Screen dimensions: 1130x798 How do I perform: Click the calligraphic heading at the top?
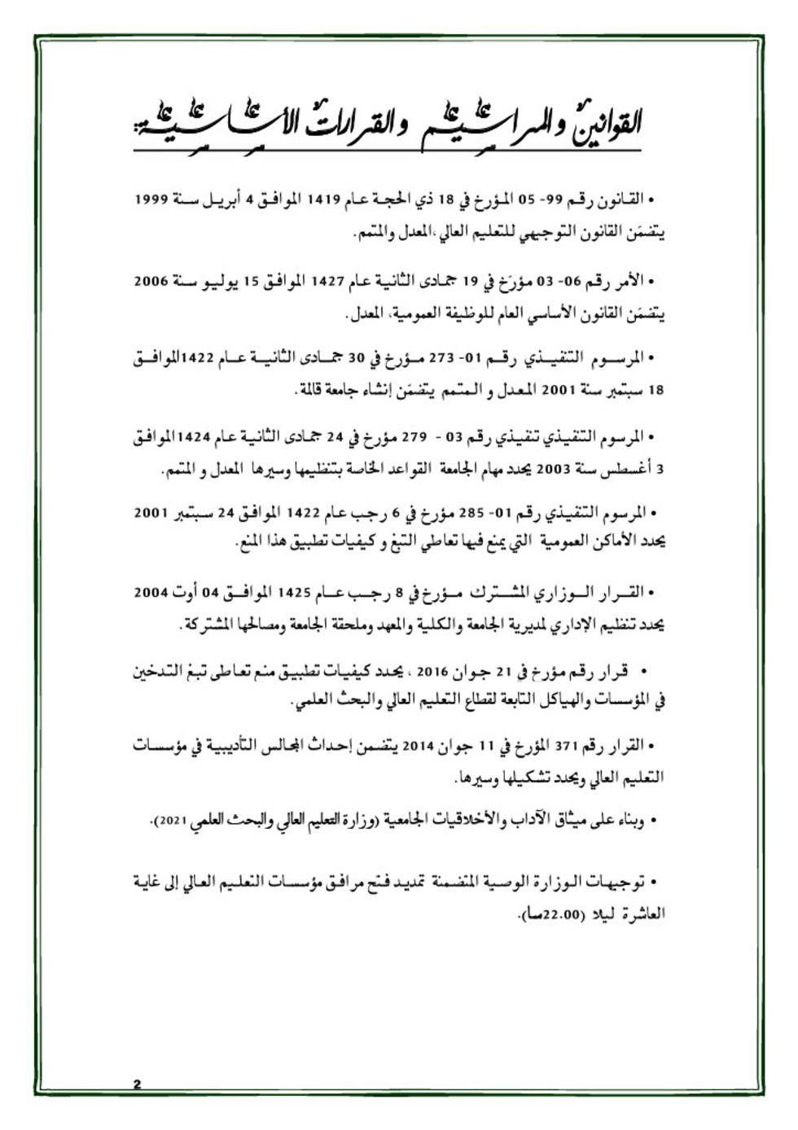pyautogui.click(x=388, y=124)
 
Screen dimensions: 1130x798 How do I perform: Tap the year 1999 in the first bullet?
pyautogui.click(x=151, y=199)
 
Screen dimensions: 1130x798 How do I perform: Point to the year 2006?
pyautogui.click(x=151, y=280)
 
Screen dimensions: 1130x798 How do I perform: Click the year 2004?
pyautogui.click(x=151, y=592)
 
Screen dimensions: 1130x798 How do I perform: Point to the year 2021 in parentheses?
pyautogui.click(x=173, y=822)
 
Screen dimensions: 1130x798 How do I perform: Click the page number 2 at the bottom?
pyautogui.click(x=138, y=1084)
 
